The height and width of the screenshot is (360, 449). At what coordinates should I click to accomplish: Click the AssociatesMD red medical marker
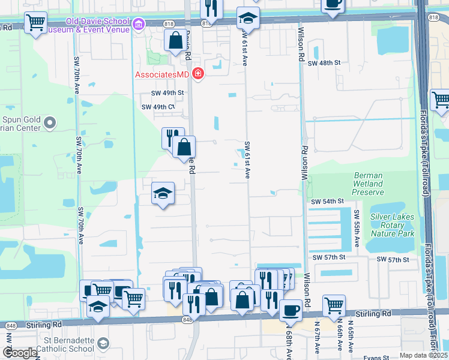197,74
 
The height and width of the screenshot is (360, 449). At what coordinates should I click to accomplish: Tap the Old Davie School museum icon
139,25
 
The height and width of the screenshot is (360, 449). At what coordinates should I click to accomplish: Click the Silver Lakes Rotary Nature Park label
393,224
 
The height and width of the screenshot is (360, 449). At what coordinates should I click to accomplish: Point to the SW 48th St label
324,62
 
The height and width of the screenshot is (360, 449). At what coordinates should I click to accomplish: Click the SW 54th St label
327,202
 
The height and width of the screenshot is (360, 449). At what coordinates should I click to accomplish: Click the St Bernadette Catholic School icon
103,344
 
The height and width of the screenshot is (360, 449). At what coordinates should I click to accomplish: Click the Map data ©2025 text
424,355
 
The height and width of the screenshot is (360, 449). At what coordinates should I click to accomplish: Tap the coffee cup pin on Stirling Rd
291,310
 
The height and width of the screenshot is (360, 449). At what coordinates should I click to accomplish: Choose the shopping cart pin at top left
36,23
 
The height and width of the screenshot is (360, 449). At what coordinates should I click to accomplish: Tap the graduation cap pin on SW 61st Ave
247,19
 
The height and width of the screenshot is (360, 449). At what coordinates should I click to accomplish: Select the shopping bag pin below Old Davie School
175,40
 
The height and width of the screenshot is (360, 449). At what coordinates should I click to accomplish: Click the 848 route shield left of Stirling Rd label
10,325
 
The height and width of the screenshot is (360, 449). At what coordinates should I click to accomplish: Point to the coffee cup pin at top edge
333,4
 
